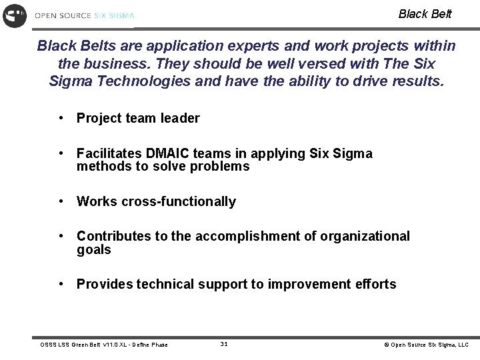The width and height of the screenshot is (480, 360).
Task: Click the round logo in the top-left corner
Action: (15, 15)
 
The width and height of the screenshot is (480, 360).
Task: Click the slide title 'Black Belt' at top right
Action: (425, 14)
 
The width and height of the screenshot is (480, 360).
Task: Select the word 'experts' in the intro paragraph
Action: (266, 46)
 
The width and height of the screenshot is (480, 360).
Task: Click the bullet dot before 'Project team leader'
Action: (61, 118)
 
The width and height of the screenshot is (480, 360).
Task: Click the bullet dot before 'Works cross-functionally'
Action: (61, 201)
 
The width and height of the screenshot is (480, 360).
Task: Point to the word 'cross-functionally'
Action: (179, 202)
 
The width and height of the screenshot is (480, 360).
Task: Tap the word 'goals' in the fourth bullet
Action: (94, 250)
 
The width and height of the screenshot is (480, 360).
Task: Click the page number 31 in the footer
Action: (224, 344)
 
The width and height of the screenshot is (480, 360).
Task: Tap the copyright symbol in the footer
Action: (385, 345)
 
